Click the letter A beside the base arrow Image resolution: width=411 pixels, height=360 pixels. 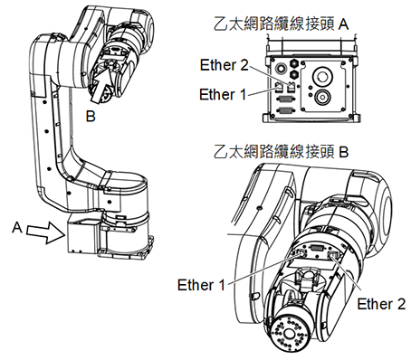click(x=17, y=227)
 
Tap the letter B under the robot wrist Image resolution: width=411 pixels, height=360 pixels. click(x=91, y=116)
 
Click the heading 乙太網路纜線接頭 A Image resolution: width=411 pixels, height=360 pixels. click(x=282, y=24)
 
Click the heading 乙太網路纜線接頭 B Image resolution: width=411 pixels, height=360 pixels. click(x=282, y=152)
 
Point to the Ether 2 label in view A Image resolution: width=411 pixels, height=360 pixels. click(x=225, y=65)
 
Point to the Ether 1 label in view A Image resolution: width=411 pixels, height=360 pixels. click(x=223, y=94)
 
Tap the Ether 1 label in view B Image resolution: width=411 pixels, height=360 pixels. click(x=201, y=285)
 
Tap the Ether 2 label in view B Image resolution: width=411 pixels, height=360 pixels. click(x=381, y=304)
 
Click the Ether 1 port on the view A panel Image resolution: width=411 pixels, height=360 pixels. click(x=279, y=88)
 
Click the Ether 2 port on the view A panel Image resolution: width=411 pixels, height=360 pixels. click(x=291, y=87)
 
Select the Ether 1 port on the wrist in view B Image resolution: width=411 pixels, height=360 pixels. click(x=301, y=253)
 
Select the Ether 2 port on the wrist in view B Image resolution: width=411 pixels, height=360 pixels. click(x=333, y=256)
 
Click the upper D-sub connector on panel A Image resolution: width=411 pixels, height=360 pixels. click(x=283, y=99)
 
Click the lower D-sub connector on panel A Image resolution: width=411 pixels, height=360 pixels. click(x=283, y=111)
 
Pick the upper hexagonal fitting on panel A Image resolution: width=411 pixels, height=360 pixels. click(x=293, y=62)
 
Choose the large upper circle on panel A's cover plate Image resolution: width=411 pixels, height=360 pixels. click(x=322, y=77)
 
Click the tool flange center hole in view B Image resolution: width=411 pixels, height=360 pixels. click(x=287, y=334)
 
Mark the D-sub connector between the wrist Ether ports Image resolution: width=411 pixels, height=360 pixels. click(x=318, y=249)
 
